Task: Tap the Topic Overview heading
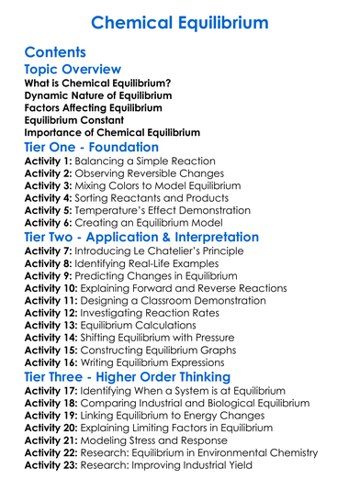coord(73,70)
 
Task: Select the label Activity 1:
coord(48,162)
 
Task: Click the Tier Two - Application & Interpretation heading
coord(141,237)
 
